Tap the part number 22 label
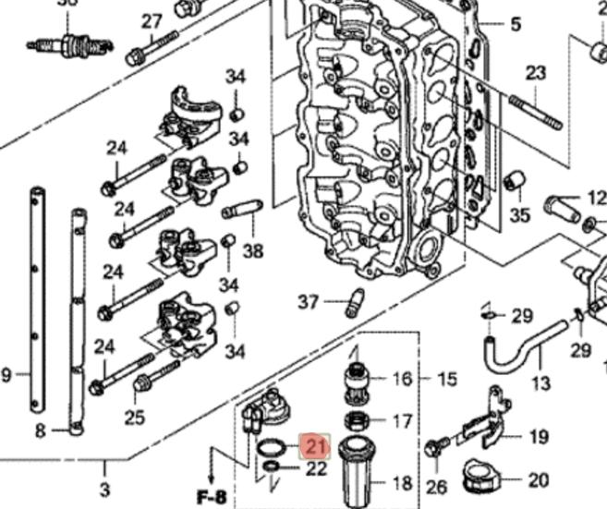tap(317, 468)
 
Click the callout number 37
tap(308, 301)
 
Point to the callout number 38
tap(252, 250)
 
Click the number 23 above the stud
tap(536, 73)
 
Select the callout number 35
tap(520, 214)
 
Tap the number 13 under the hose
tap(541, 382)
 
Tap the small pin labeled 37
tap(352, 302)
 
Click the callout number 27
tap(152, 21)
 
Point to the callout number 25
tap(134, 418)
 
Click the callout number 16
tap(402, 379)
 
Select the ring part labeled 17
tap(354, 421)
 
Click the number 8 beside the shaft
tap(40, 430)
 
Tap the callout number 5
tap(516, 24)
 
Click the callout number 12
tap(596, 198)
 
